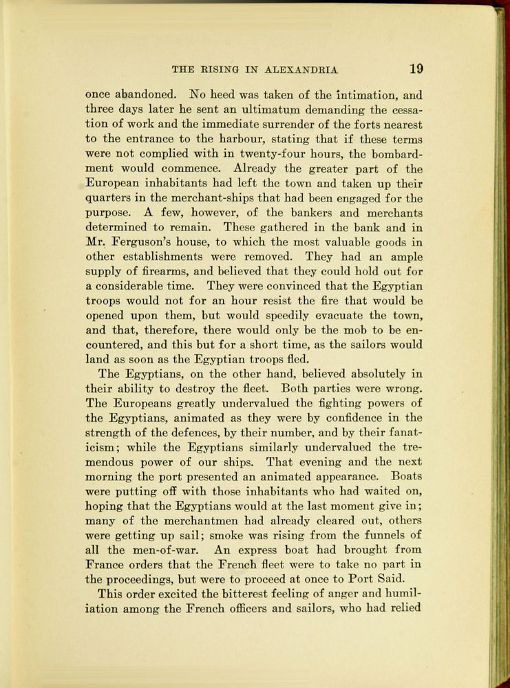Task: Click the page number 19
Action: pos(416,69)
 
